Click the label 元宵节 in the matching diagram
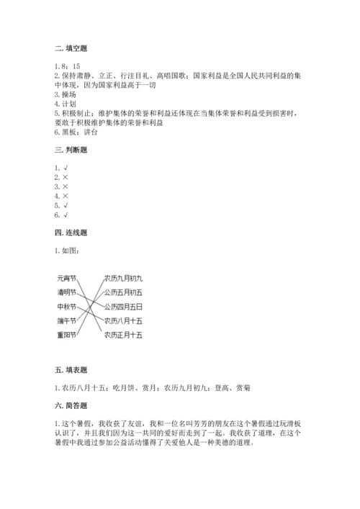click(67, 277)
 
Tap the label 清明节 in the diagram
click(67, 292)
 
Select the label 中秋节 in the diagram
click(67, 306)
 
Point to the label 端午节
click(67, 320)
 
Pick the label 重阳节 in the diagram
click(67, 335)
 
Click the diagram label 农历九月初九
click(123, 277)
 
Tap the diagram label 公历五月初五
click(123, 292)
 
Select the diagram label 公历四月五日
click(123, 306)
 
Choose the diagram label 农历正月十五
click(123, 335)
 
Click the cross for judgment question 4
click(66, 196)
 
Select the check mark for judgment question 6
click(66, 214)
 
